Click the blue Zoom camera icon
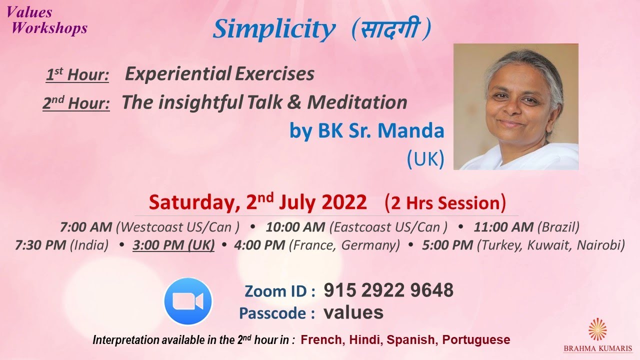pos(188,301)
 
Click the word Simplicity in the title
pos(274,30)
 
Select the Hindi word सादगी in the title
pos(389,30)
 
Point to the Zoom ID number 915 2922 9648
pos(388,290)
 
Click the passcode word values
pos(353,312)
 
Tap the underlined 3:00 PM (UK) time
pos(173,245)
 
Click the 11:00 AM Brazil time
pos(526,227)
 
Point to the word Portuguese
pos(476,340)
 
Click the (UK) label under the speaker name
pos(425,158)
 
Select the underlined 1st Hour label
pos(77,75)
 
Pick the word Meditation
pos(357,102)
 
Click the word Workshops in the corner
pos(49,28)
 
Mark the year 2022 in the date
pos(344,202)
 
